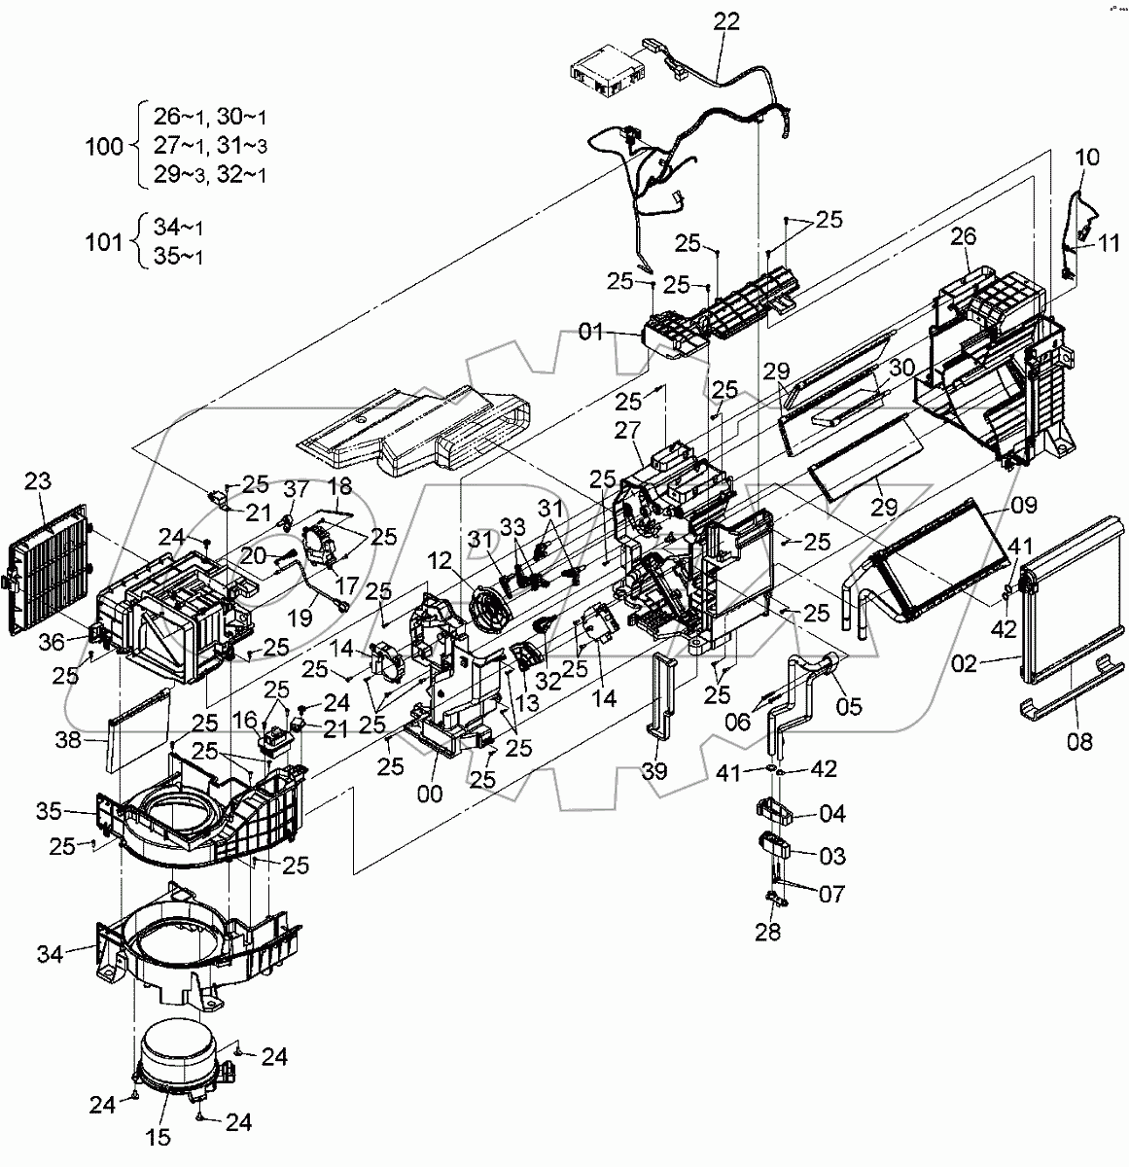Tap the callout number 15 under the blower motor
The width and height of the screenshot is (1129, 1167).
(159, 1137)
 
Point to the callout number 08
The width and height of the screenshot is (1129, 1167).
(1078, 742)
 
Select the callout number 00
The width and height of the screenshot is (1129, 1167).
(429, 794)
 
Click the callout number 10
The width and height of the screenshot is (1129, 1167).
(1087, 158)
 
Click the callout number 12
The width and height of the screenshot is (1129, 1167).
(440, 561)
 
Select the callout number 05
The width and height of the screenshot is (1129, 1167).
(848, 707)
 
